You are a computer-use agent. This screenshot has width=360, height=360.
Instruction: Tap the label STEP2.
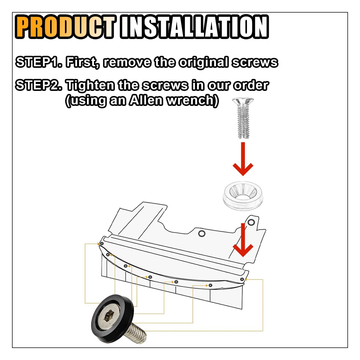39,86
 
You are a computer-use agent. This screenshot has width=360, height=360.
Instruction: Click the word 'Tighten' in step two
90,86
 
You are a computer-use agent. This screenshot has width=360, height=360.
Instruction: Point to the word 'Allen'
146,100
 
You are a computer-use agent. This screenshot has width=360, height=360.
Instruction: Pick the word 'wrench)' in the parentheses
192,100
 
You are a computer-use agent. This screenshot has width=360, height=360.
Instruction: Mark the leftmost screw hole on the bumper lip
102,244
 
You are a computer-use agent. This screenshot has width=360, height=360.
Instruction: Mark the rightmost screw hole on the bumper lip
242,280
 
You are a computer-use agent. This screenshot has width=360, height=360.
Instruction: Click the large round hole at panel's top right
251,222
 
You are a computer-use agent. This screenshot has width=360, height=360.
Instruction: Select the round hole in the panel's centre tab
202,233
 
